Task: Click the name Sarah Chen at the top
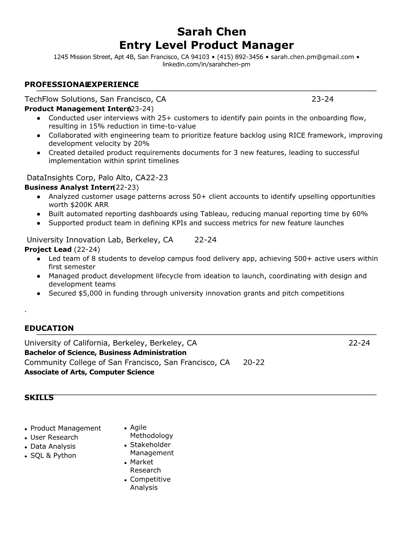coord(212,32)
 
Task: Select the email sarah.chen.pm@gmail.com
coord(312,57)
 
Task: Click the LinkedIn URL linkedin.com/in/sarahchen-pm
coord(206,64)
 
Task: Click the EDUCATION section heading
coord(49,328)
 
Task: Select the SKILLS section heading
coord(39,398)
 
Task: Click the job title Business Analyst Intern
coord(69,187)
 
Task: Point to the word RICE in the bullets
coord(297,135)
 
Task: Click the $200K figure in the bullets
coord(80,205)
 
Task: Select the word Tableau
coord(214,214)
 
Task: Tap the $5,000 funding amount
coord(90,293)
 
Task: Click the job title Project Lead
coord(48,250)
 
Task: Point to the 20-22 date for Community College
coord(253,362)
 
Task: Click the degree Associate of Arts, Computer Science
coord(89,372)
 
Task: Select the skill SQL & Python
coord(53,456)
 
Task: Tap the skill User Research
coord(54,437)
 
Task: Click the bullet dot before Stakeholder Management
coord(126,446)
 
